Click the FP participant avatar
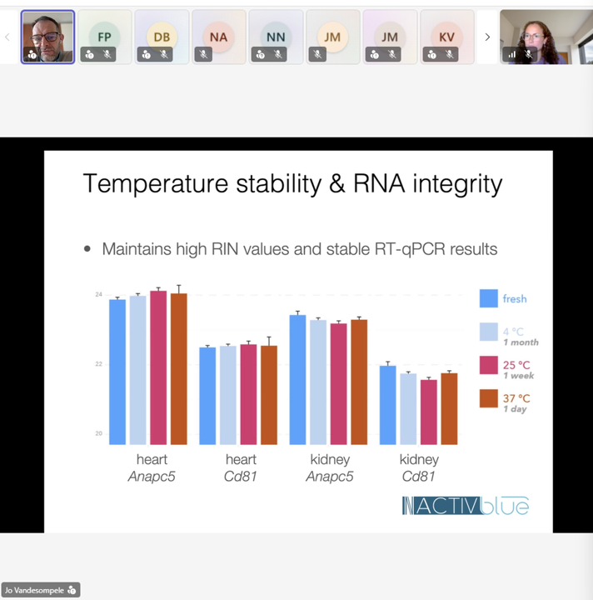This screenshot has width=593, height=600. point(104,37)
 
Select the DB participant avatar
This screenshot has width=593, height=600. point(162,37)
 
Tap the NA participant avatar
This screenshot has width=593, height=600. point(218,37)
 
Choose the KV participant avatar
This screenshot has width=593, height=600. point(446,37)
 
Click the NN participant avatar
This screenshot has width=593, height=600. point(276,37)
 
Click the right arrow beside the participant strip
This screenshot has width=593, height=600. point(488,37)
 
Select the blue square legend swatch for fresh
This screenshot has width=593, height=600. point(489,298)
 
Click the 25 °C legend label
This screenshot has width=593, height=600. point(516,365)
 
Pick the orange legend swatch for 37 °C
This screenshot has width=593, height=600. point(489,399)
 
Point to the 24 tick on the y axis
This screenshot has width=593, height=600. point(98,295)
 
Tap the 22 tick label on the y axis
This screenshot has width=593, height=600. point(98,364)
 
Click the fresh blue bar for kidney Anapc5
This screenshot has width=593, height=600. point(297,379)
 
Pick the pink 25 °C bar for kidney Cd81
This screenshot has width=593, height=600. point(429,412)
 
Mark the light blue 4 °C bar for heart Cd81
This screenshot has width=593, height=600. point(228,394)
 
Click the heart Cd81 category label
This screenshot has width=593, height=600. point(241,467)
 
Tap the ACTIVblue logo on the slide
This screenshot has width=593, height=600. point(465,505)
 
